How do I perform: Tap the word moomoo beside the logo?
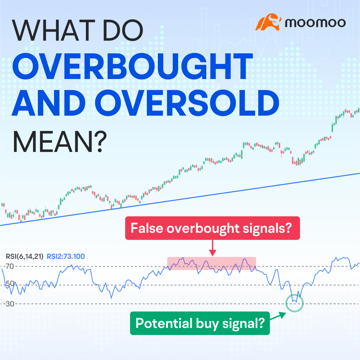(x=315, y=23)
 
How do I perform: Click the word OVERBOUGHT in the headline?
(x=133, y=66)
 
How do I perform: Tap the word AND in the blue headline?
(x=49, y=103)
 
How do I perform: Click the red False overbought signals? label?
(x=212, y=228)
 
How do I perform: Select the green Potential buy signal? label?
(x=200, y=323)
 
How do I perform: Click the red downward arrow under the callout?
(x=212, y=248)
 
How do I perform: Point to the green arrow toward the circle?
(x=278, y=316)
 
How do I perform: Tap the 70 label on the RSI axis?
(x=10, y=266)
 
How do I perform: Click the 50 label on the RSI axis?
(x=10, y=283)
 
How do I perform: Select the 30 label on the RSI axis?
(x=10, y=304)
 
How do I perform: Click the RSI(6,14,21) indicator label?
(x=25, y=256)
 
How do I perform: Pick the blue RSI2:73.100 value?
(x=66, y=256)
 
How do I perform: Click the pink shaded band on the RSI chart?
(x=211, y=263)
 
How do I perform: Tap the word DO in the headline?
(x=123, y=31)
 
